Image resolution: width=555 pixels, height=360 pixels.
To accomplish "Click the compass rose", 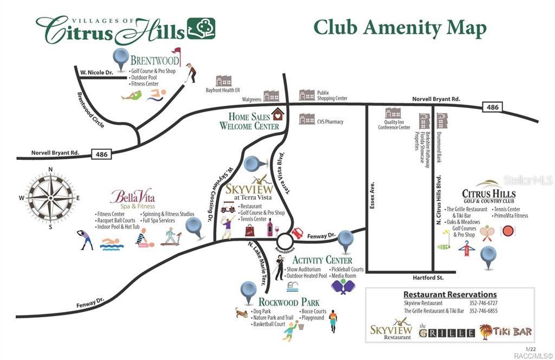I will (x=50, y=197).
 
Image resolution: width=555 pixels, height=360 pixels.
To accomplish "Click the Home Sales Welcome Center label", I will (x=249, y=121).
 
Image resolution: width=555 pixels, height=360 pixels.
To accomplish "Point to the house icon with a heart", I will (x=278, y=114).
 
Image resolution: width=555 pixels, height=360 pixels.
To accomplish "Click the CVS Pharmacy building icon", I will (x=307, y=119).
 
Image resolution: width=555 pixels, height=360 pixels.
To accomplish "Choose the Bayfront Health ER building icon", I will (x=223, y=81).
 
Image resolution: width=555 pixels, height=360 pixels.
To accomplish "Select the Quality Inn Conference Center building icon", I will (x=393, y=113).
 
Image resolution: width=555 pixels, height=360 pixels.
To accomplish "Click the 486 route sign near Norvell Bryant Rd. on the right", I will (x=492, y=108).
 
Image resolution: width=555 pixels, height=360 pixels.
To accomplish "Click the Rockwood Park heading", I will (x=289, y=302).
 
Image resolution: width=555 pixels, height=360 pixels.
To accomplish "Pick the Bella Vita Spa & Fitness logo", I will (x=132, y=198).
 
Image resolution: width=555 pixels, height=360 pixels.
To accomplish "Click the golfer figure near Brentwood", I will (x=190, y=73).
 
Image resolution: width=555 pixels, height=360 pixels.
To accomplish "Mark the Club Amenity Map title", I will (x=399, y=28).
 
